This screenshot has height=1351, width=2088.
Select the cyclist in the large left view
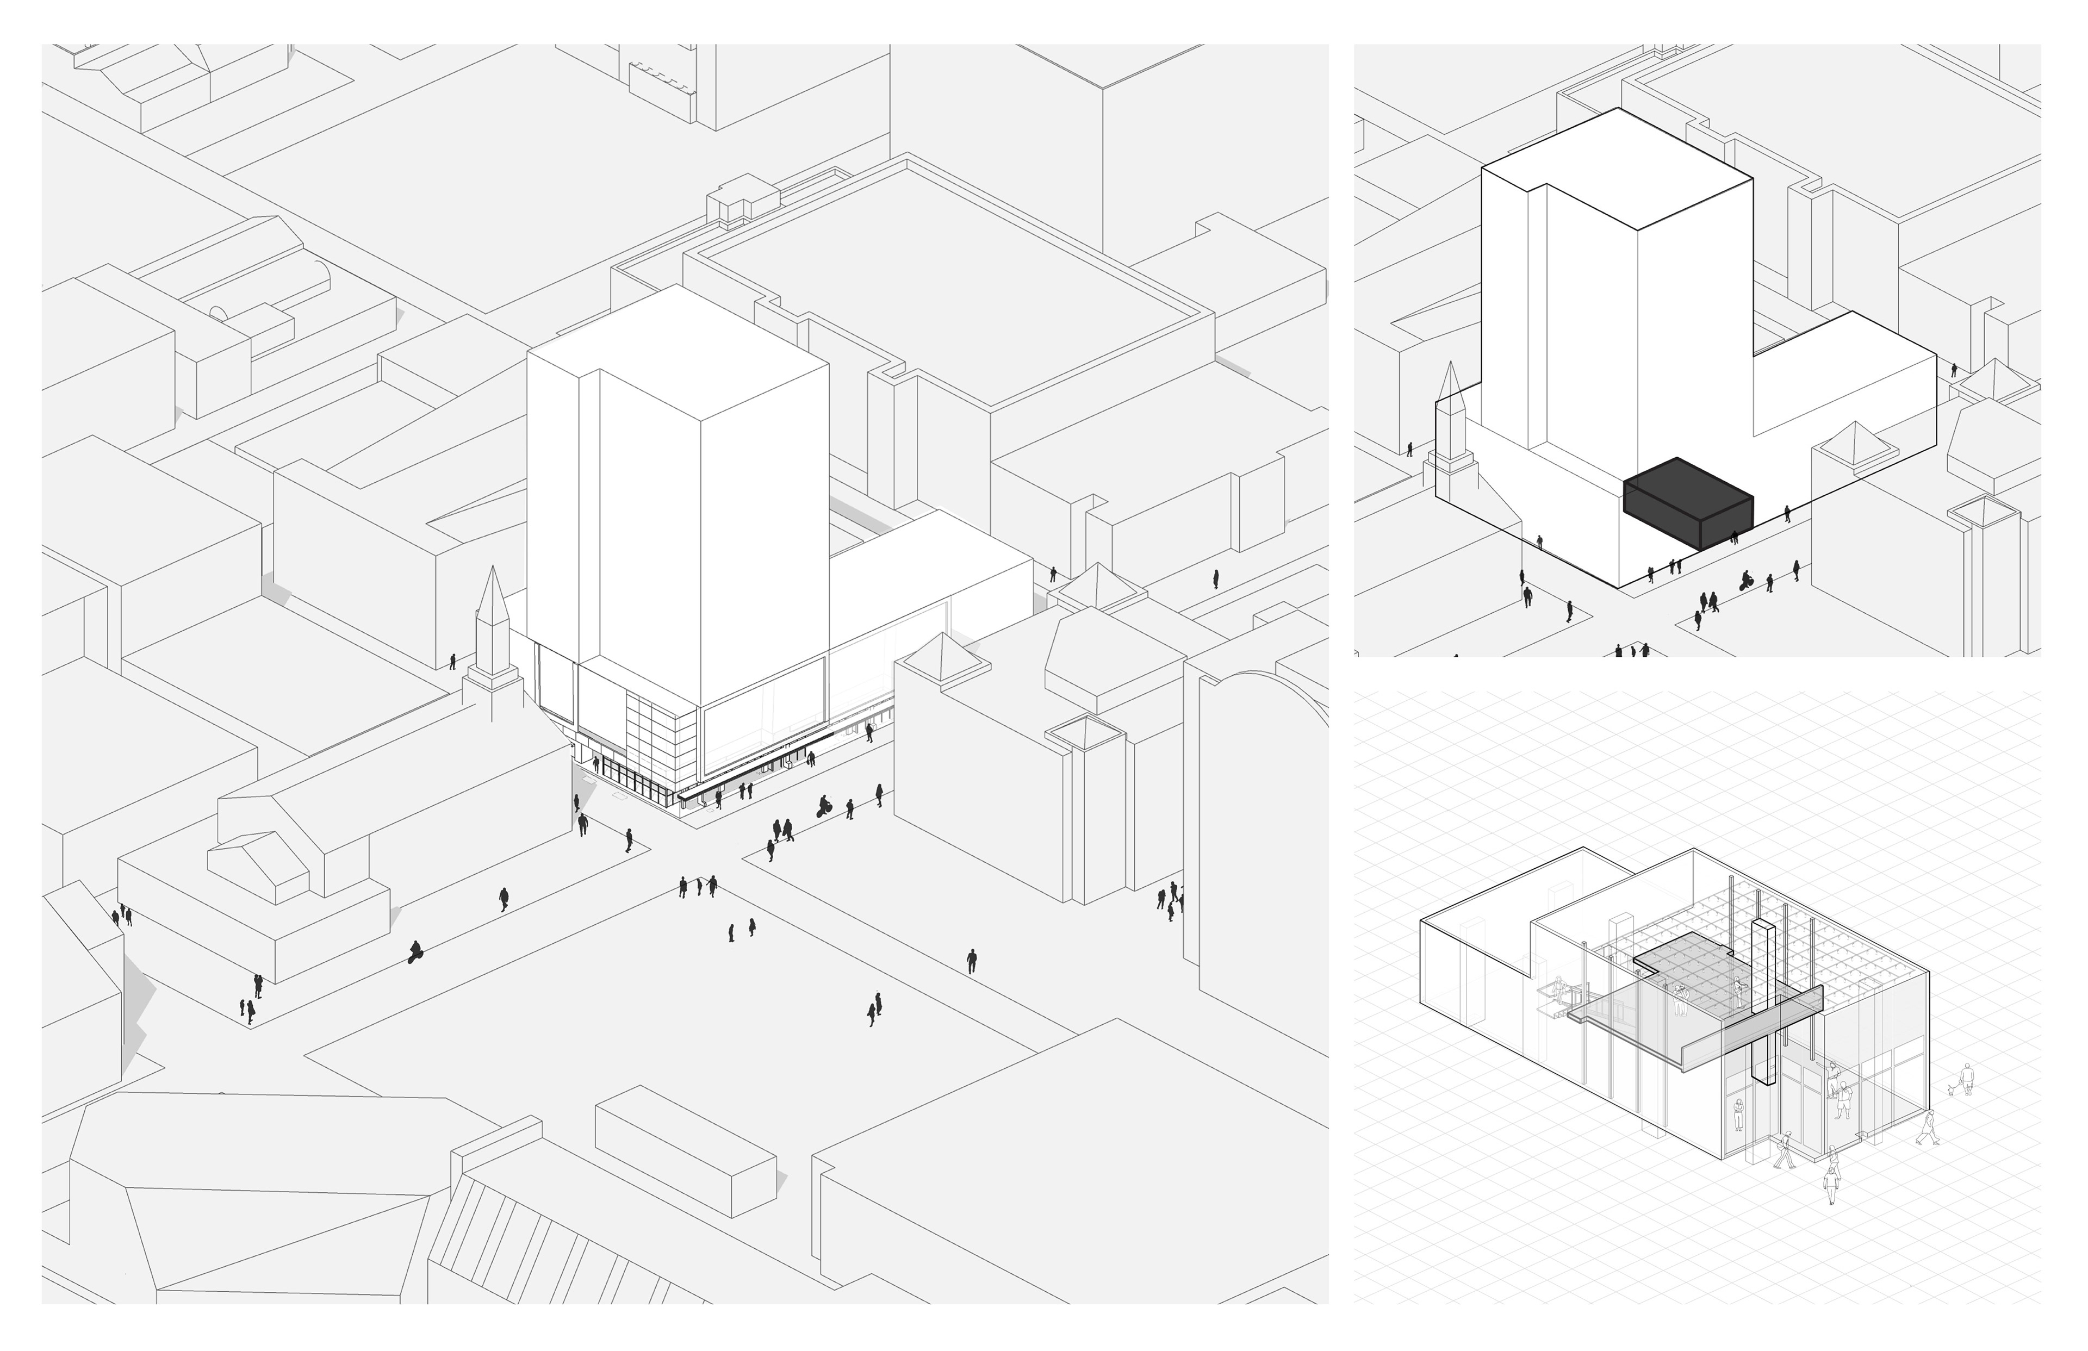[x=824, y=805]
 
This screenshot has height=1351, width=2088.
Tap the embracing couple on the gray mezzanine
[x=1681, y=1000]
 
